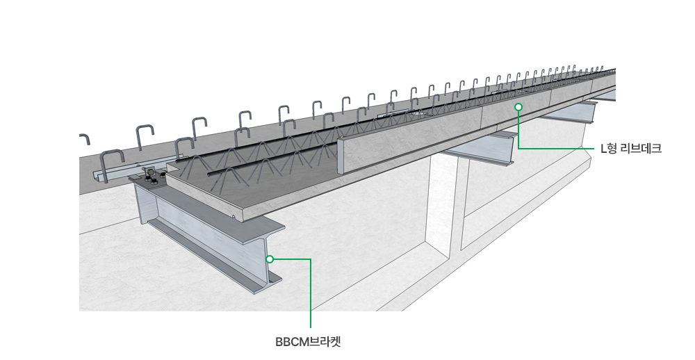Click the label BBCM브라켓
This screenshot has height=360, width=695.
point(308,342)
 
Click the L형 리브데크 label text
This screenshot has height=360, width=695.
point(631,149)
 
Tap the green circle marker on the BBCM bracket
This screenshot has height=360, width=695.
point(270,259)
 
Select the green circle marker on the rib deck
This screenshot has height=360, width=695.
point(518,107)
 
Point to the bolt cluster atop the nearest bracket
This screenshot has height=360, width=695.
point(152,176)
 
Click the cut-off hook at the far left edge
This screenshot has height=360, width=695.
point(85,139)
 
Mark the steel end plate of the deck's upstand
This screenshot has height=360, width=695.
point(341,156)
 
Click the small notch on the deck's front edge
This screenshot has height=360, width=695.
point(234,217)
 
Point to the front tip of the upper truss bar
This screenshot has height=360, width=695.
point(177,161)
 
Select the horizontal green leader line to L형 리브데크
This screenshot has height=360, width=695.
point(556,149)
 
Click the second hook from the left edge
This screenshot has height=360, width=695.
point(145,138)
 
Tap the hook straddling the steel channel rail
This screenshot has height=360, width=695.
point(113,165)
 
